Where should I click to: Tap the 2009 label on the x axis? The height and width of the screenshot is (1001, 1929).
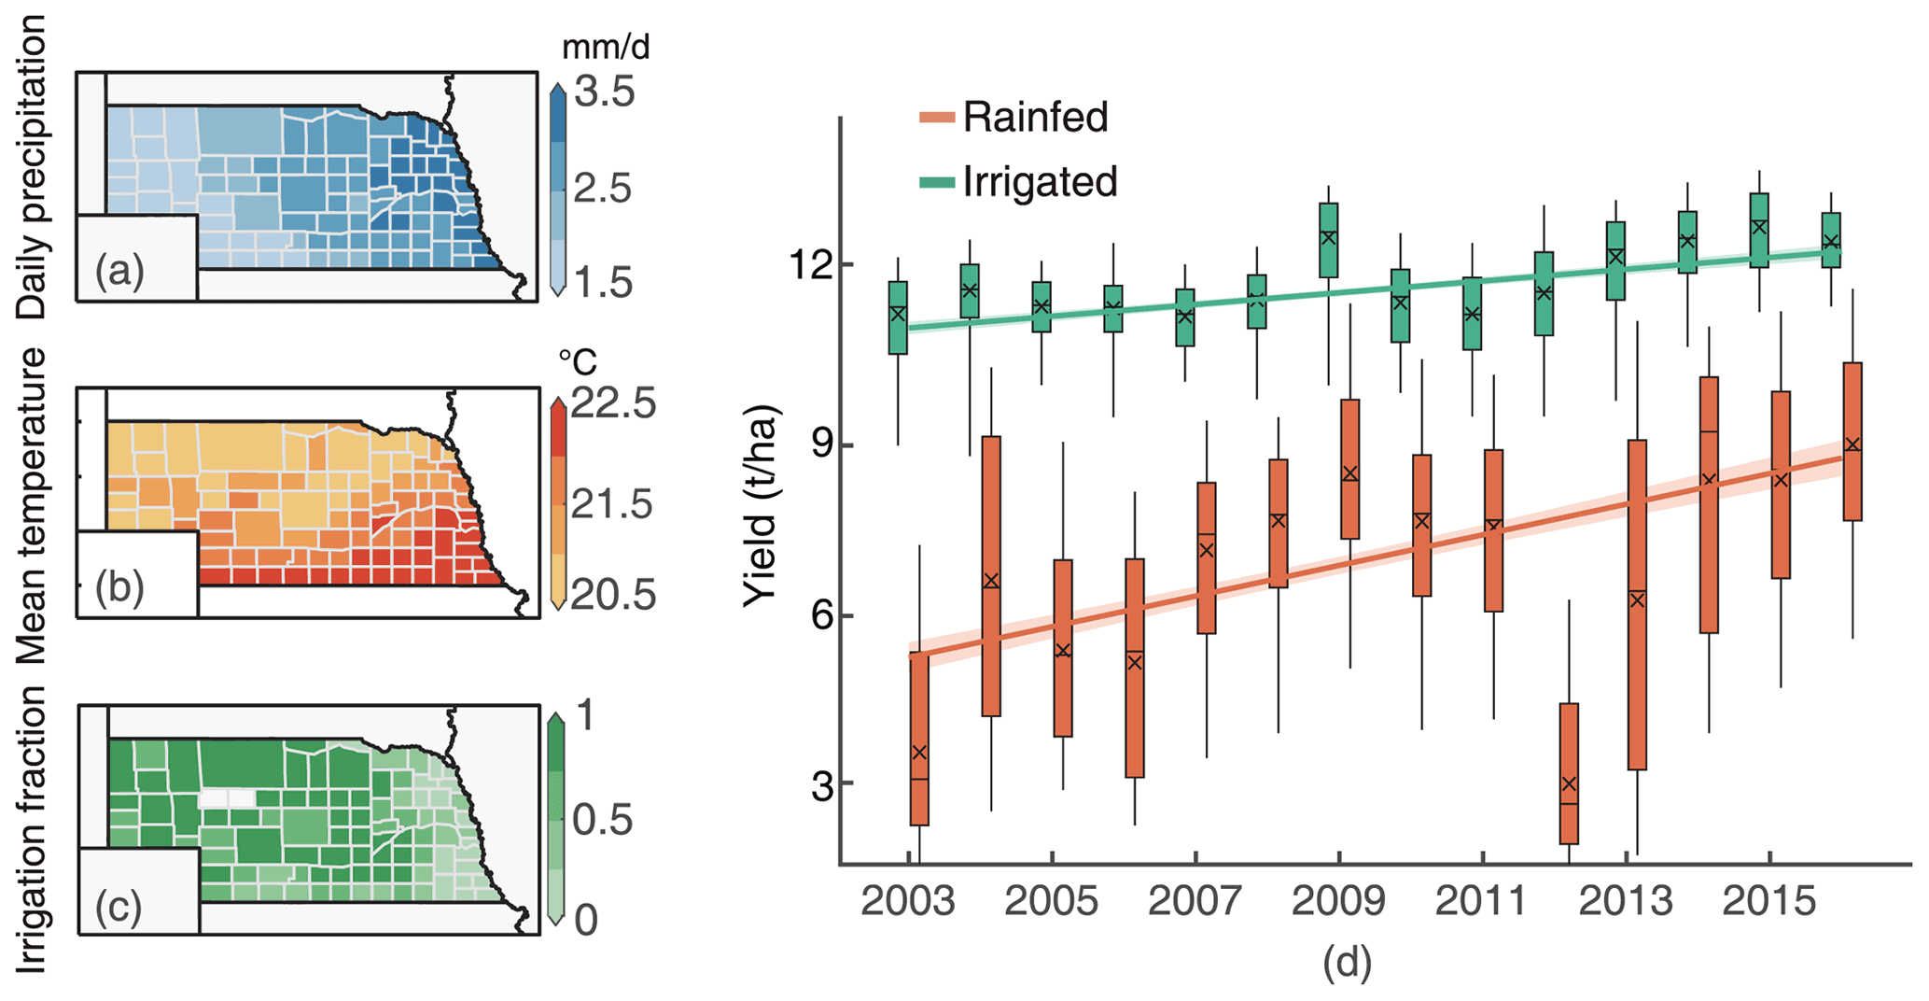pyautogui.click(x=1338, y=902)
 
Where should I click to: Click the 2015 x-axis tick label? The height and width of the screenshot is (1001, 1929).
pyautogui.click(x=1768, y=902)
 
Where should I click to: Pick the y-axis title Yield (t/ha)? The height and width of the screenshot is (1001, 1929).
pyautogui.click(x=761, y=505)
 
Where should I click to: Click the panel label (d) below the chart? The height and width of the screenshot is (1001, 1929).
pyautogui.click(x=1347, y=961)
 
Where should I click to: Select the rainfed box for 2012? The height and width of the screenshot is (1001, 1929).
pyautogui.click(x=1569, y=773)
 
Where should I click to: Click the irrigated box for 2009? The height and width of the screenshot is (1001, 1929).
pyautogui.click(x=1329, y=240)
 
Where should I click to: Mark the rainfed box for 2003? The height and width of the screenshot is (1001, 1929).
pyautogui.click(x=919, y=738)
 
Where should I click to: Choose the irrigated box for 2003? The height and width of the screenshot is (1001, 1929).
pyautogui.click(x=898, y=317)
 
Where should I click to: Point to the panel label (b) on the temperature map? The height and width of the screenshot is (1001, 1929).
pyautogui.click(x=119, y=588)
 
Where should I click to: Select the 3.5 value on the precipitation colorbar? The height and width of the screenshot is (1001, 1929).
pyautogui.click(x=604, y=93)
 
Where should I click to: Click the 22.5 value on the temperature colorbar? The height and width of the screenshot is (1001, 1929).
pyautogui.click(x=613, y=404)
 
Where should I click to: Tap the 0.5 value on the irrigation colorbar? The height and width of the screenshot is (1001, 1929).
pyautogui.click(x=603, y=820)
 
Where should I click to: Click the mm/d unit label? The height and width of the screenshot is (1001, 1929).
pyautogui.click(x=605, y=47)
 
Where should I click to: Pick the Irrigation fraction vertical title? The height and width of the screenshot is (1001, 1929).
pyautogui.click(x=33, y=829)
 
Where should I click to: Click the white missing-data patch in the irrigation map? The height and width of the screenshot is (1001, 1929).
pyautogui.click(x=227, y=798)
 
